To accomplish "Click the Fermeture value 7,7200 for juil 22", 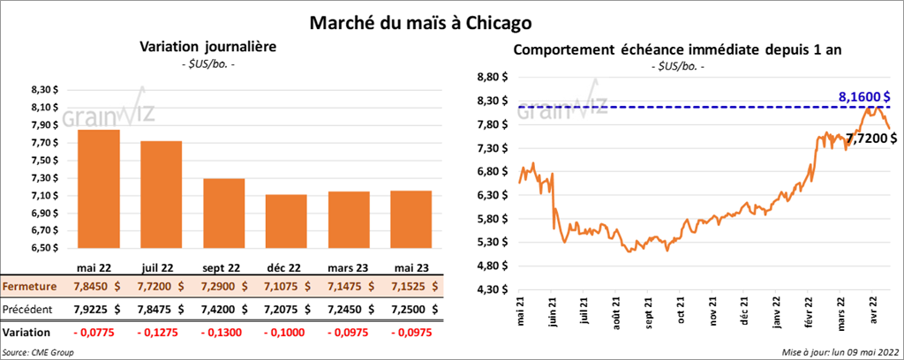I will [x=162, y=287].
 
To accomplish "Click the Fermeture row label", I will [x=31, y=287].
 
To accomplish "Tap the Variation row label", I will [x=27, y=332].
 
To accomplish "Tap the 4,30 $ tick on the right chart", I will [x=493, y=289].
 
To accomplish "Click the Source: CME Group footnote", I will [x=38, y=352].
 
